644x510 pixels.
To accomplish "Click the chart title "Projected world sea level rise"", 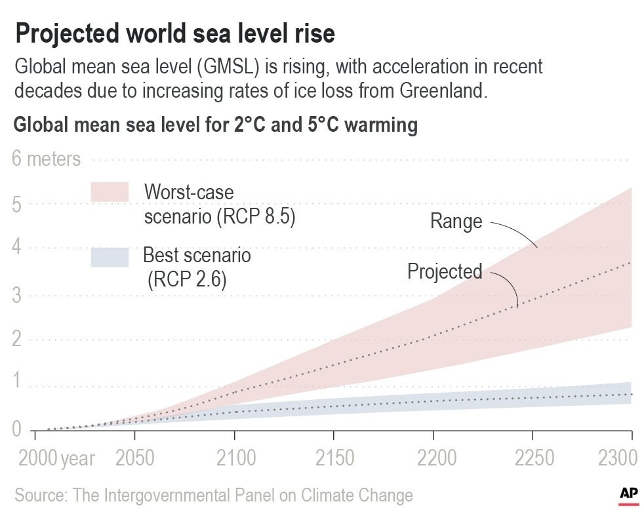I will (175, 33).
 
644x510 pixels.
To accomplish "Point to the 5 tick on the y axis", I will (18, 204).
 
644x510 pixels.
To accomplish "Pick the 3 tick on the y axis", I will (18, 295).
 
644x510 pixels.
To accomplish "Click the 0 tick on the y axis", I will (18, 430).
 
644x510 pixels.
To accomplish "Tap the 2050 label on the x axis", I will (134, 458).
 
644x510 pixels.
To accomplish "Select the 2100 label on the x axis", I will (235, 458).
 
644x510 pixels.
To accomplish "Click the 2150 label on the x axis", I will (334, 458).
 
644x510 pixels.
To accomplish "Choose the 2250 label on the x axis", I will (533, 458).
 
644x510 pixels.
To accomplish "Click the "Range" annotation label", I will (456, 222).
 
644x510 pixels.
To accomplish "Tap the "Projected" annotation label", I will (445, 271).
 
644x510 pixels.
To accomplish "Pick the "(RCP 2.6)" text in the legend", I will (187, 280).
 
